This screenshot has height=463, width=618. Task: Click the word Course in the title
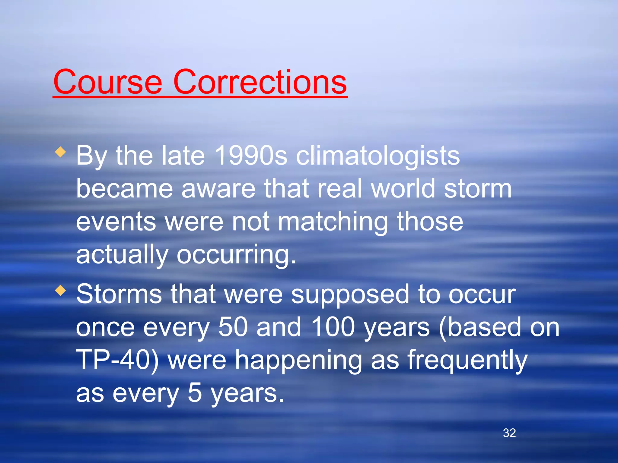[x=108, y=82]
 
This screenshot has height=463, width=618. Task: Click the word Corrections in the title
[x=260, y=82]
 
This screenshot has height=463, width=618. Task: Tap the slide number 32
[x=509, y=433]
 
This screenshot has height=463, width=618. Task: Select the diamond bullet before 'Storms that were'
[x=61, y=291]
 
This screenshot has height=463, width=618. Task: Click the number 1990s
[x=251, y=156]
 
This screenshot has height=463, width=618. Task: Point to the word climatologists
[x=378, y=156]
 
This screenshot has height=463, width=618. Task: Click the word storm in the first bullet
[x=478, y=189]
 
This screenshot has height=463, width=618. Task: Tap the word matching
[x=333, y=222]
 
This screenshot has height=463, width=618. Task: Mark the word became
[x=124, y=189]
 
